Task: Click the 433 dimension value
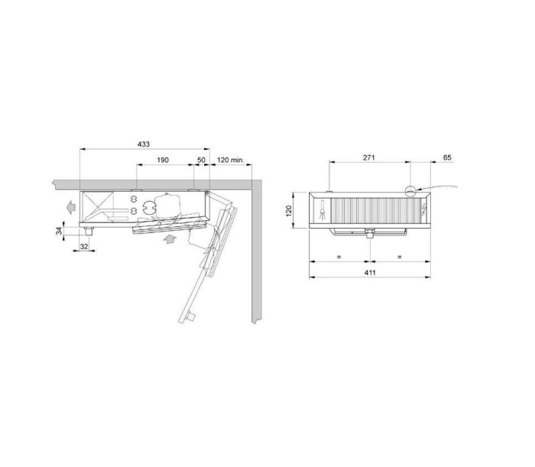click(144, 144)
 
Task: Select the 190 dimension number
click(163, 160)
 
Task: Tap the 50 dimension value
click(201, 160)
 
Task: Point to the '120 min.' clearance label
click(230, 160)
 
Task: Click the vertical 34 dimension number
click(60, 231)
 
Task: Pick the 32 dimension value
click(84, 246)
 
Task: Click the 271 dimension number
click(369, 157)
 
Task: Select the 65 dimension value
click(447, 157)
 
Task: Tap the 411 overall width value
click(370, 273)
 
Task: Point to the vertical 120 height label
click(289, 210)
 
